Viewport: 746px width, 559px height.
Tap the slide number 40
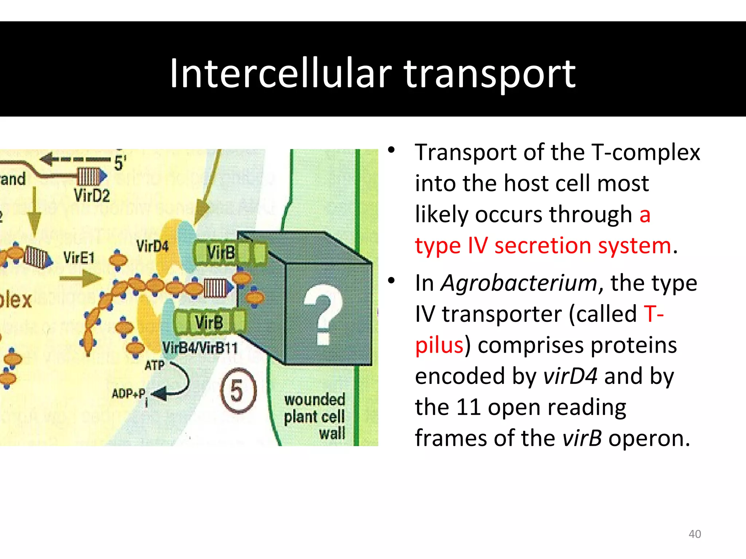click(695, 534)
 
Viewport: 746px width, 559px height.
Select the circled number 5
click(238, 390)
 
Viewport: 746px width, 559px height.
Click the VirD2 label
click(92, 196)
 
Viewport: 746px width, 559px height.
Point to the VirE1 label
click(79, 258)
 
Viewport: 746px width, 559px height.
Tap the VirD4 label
click(152, 246)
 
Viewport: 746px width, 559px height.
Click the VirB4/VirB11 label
click(200, 348)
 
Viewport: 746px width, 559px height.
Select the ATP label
click(154, 365)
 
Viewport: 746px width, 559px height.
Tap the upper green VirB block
click(229, 252)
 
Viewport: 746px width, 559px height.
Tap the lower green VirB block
click(210, 322)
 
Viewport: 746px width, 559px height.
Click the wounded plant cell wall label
click(315, 416)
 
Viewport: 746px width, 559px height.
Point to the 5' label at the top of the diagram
click(120, 163)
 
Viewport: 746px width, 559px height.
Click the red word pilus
click(439, 345)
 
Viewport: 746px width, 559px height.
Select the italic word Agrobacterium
click(519, 283)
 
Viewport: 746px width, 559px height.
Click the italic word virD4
click(570, 376)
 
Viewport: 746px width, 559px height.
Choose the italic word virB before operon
click(582, 438)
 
